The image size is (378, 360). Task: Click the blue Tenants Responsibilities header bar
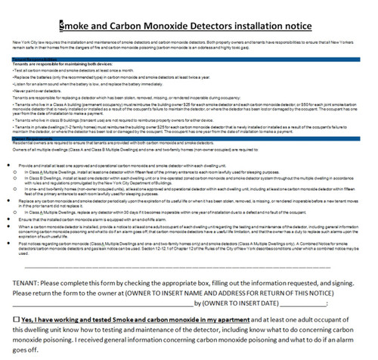(189, 56)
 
